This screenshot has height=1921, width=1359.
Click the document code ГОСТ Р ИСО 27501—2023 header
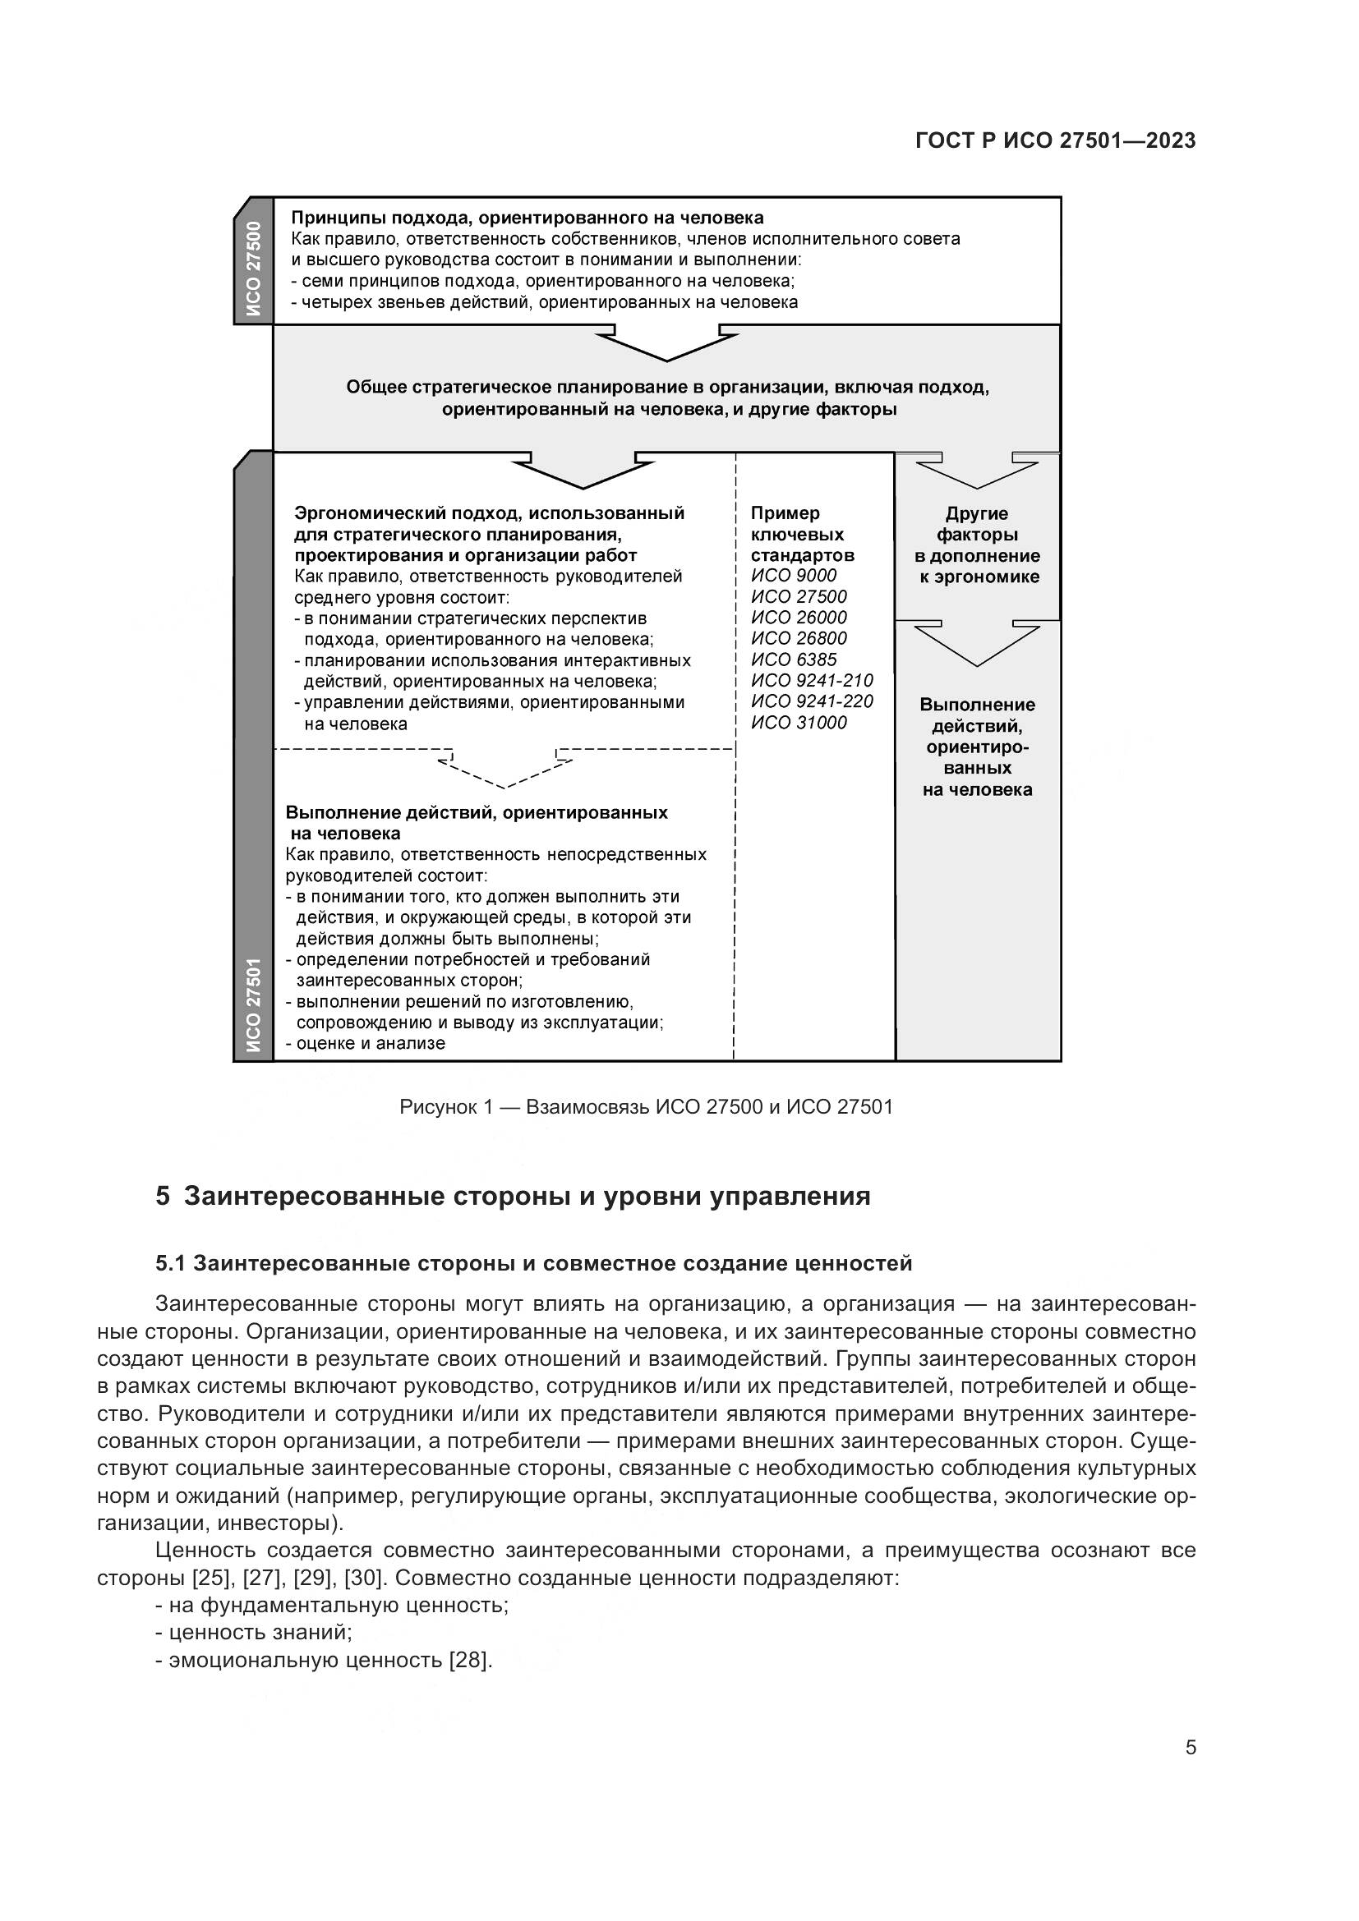coord(1055,140)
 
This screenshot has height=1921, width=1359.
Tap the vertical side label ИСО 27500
coord(254,269)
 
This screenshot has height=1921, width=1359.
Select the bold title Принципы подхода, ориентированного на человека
coord(527,218)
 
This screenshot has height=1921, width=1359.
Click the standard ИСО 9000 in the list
coord(794,575)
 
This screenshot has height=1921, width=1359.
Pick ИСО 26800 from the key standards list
coord(799,638)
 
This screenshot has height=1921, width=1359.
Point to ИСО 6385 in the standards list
coord(794,659)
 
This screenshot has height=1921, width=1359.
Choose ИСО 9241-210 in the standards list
coord(812,680)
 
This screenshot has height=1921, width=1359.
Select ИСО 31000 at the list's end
coord(799,723)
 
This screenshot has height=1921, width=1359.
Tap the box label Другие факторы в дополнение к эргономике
coord(978,545)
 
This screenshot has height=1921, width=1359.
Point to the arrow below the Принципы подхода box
coord(667,346)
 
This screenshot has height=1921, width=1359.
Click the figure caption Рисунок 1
coord(646,1107)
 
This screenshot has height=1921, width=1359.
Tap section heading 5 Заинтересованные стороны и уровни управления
coord(513,1197)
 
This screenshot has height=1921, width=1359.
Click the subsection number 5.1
coord(171,1263)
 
